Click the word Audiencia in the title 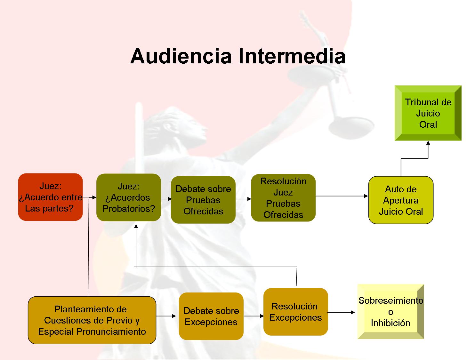(x=181, y=56)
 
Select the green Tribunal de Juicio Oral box (x=428, y=113)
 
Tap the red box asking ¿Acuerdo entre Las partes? (x=51, y=197)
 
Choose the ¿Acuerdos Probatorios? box (x=129, y=197)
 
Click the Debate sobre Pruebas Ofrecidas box (x=203, y=200)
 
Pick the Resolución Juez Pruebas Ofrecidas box (x=283, y=198)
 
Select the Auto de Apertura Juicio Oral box (x=401, y=200)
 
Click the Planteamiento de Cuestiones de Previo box (x=92, y=320)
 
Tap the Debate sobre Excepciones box (x=211, y=316)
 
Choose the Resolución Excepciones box (x=295, y=312)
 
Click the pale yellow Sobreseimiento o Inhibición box (x=391, y=311)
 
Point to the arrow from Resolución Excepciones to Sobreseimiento (x=341, y=312)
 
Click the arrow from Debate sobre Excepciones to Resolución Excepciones (x=254, y=316)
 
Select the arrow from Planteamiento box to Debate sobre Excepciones (x=166, y=316)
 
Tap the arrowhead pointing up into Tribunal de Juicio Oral (x=428, y=143)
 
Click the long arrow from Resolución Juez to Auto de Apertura (x=342, y=196)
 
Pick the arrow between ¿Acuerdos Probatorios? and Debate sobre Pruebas (x=166, y=199)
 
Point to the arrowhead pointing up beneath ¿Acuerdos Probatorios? (x=136, y=226)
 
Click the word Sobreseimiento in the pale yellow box (x=391, y=300)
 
